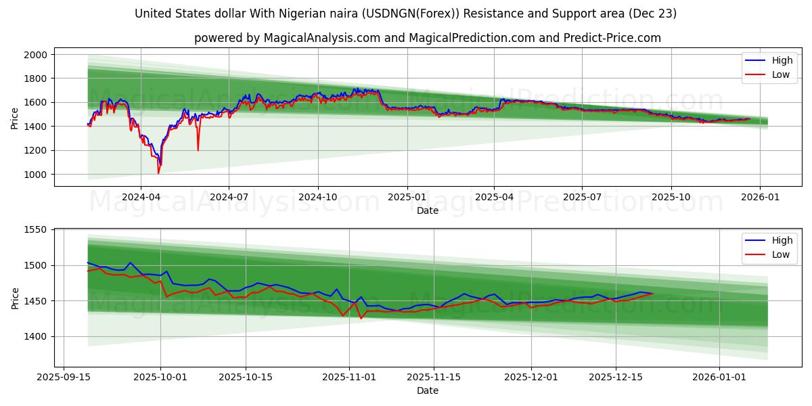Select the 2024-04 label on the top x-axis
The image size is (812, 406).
pos(141,197)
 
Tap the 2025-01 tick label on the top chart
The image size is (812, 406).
pos(407,197)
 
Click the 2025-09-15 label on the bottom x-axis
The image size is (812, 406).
pos(64,377)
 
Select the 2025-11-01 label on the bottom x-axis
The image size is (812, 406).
pos(349,377)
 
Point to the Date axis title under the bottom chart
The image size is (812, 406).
pos(427,390)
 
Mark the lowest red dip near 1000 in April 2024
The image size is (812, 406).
pos(158,173)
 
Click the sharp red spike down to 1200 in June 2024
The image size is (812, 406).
pos(198,150)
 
